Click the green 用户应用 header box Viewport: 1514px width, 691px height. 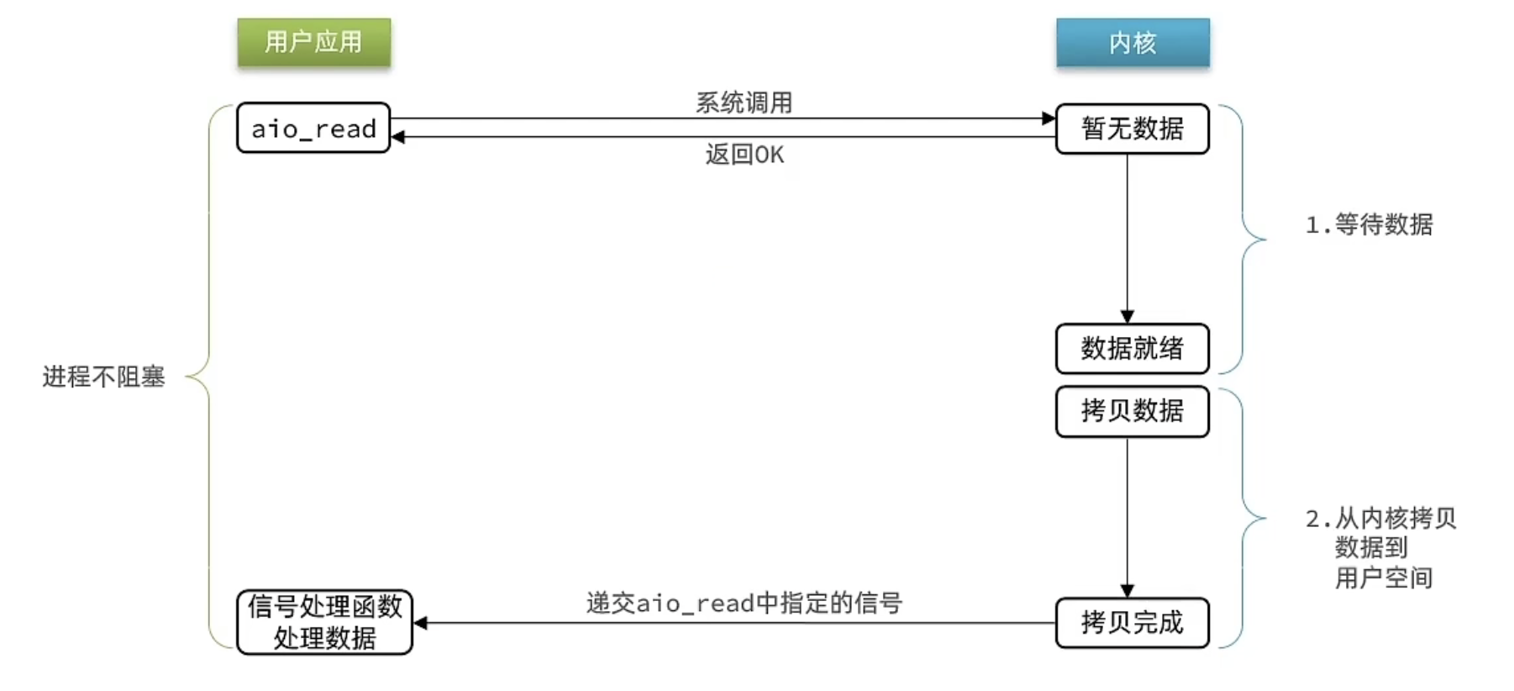click(x=314, y=42)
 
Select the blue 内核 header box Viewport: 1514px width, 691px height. click(x=1133, y=42)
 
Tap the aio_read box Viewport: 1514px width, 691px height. click(x=313, y=128)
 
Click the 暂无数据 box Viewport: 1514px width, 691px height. click(x=1133, y=129)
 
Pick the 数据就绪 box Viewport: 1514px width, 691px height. click(x=1133, y=348)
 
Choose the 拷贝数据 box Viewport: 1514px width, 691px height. click(x=1133, y=411)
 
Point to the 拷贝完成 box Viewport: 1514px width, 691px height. click(x=1133, y=623)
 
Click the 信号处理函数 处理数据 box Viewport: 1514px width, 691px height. click(x=325, y=622)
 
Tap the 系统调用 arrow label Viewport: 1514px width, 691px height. click(x=744, y=103)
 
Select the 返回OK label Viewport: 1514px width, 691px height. click(x=744, y=155)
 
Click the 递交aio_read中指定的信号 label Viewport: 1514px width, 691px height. click(x=744, y=603)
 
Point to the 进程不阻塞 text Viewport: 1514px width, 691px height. click(x=104, y=377)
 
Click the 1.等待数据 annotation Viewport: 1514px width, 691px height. click(x=1369, y=224)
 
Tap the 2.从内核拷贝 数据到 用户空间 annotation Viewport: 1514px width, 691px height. click(x=1380, y=547)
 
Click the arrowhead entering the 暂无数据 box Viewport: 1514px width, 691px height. click(x=1049, y=119)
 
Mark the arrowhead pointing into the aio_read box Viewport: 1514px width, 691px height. click(x=398, y=137)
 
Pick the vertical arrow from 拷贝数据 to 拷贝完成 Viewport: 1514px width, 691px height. click(x=1128, y=517)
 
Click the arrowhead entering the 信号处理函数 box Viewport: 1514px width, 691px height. click(x=421, y=623)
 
